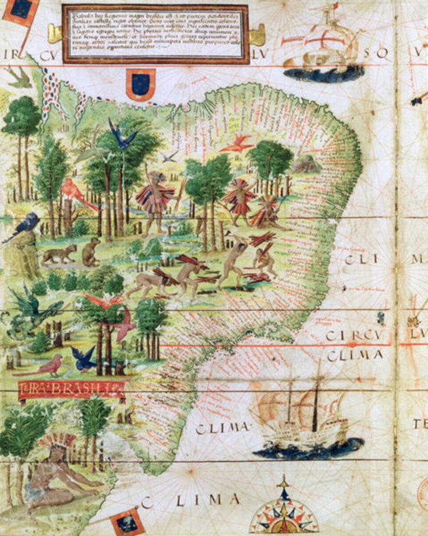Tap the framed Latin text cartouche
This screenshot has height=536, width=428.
[155, 33]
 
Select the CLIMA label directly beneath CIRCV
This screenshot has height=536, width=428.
[355, 356]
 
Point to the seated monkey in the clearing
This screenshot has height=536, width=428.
[92, 252]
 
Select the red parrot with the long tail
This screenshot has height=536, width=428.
[76, 193]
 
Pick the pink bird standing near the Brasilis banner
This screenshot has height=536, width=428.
[47, 366]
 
